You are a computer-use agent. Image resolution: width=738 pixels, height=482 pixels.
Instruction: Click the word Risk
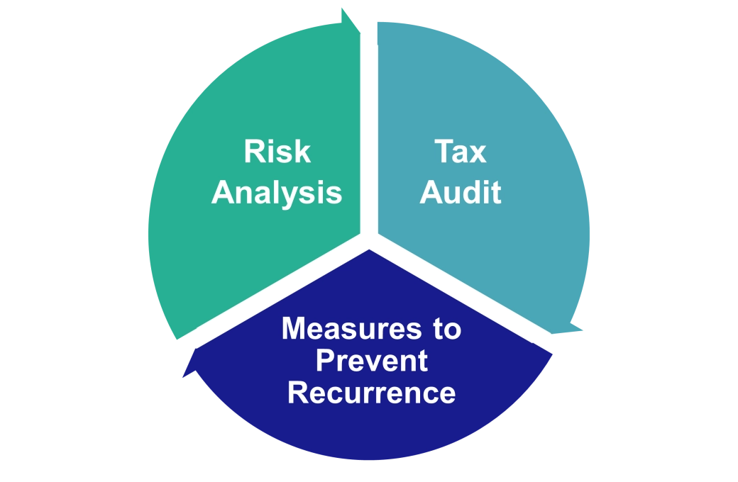pyautogui.click(x=277, y=152)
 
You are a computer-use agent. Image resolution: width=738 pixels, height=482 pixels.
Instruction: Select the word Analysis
pyautogui.click(x=277, y=192)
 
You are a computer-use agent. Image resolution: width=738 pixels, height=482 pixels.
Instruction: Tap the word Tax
pyautogui.click(x=460, y=152)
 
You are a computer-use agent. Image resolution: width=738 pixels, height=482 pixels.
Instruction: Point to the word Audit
pyautogui.click(x=460, y=192)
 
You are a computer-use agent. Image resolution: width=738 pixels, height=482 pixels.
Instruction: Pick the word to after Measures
pyautogui.click(x=444, y=329)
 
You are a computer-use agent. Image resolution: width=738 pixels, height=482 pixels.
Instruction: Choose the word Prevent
pyautogui.click(x=371, y=361)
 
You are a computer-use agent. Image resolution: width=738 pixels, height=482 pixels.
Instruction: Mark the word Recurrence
pyautogui.click(x=371, y=393)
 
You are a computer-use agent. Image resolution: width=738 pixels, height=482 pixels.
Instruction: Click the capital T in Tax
pyautogui.click(x=441, y=152)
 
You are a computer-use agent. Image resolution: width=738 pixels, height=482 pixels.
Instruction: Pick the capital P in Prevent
pyautogui.click(x=324, y=361)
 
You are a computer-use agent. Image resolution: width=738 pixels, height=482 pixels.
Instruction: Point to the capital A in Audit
pyautogui.click(x=430, y=192)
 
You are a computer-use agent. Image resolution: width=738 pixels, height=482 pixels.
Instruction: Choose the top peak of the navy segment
pyautogui.click(x=370, y=252)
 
